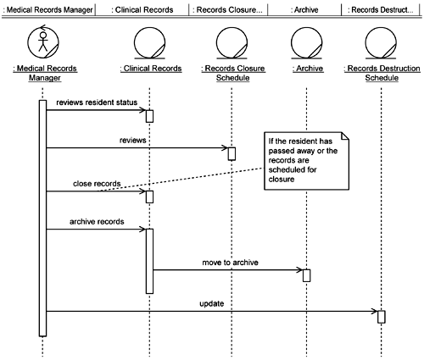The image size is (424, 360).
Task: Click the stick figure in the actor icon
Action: click(43, 42)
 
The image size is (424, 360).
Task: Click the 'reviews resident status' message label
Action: click(97, 102)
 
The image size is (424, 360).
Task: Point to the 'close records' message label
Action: click(97, 184)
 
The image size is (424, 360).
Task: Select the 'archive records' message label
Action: click(97, 222)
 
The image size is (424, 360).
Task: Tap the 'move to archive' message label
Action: click(230, 263)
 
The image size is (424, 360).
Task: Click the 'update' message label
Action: click(212, 304)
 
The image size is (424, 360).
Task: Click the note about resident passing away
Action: click(307, 161)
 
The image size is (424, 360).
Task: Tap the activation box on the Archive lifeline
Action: click(306, 275)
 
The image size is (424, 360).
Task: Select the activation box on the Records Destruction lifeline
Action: click(382, 317)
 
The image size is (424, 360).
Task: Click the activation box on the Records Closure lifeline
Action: click(232, 154)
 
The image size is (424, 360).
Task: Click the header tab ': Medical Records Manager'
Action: click(48, 10)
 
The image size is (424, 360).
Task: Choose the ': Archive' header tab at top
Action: click(304, 10)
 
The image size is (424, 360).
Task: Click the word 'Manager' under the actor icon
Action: click(45, 78)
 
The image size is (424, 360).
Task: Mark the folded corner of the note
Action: click(345, 136)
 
